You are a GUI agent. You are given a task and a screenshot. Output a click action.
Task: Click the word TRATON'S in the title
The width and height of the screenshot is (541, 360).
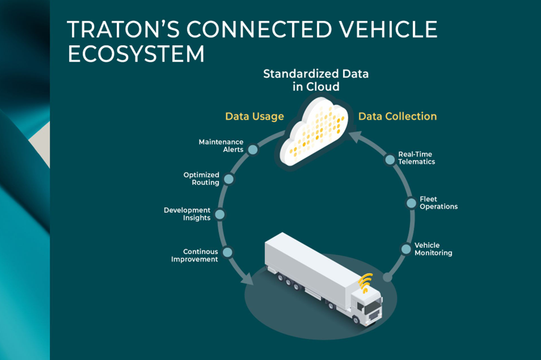click(123, 29)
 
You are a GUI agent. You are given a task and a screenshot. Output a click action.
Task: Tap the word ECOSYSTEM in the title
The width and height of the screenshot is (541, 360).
click(136, 54)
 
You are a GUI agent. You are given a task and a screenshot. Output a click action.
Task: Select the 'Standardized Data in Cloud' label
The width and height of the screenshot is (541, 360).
click(316, 80)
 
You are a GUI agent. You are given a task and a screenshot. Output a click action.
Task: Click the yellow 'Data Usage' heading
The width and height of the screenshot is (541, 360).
click(254, 116)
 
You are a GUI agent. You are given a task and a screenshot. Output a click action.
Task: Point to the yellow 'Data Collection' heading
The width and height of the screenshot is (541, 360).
click(398, 116)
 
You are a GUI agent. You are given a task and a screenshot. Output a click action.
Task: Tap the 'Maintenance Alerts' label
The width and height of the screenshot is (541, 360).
click(221, 146)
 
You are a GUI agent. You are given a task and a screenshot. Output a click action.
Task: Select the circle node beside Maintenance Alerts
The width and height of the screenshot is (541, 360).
click(253, 149)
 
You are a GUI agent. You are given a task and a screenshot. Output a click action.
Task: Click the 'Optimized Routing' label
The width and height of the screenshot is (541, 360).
click(201, 179)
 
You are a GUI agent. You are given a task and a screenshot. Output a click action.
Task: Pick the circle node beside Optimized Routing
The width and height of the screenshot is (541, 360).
click(229, 179)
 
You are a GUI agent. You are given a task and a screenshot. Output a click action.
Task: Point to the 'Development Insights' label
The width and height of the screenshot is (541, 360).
click(187, 214)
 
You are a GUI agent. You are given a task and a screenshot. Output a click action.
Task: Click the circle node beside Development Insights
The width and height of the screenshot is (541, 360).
click(220, 214)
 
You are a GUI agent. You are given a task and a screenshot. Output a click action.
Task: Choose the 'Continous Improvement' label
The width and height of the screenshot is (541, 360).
click(195, 256)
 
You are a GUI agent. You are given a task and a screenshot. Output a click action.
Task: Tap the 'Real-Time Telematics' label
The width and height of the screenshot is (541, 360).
click(417, 158)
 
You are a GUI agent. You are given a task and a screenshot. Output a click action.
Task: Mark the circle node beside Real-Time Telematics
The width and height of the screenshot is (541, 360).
click(390, 160)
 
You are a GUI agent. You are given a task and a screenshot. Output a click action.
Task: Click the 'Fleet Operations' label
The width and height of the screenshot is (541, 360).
click(439, 203)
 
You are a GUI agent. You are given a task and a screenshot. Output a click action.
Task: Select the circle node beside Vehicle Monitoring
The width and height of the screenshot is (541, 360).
click(406, 249)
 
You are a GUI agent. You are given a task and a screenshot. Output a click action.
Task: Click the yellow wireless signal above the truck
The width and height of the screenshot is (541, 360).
click(366, 283)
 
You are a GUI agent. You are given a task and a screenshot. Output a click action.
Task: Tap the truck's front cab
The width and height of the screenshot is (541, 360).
click(368, 307)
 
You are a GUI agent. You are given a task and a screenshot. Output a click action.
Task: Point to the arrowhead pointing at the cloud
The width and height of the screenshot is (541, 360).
click(355, 136)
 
